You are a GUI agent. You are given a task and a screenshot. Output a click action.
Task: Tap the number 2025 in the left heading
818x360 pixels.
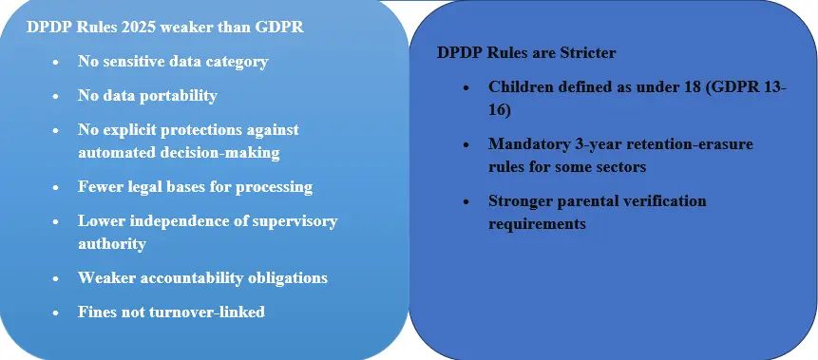tap(139, 27)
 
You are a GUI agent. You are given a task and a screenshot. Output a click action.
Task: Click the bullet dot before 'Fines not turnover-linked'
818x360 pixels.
tap(56, 313)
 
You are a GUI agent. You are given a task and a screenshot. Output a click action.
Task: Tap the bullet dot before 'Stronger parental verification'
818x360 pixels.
tap(466, 201)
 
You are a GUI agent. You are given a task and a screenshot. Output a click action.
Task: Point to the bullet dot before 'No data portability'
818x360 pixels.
tap(56, 97)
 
